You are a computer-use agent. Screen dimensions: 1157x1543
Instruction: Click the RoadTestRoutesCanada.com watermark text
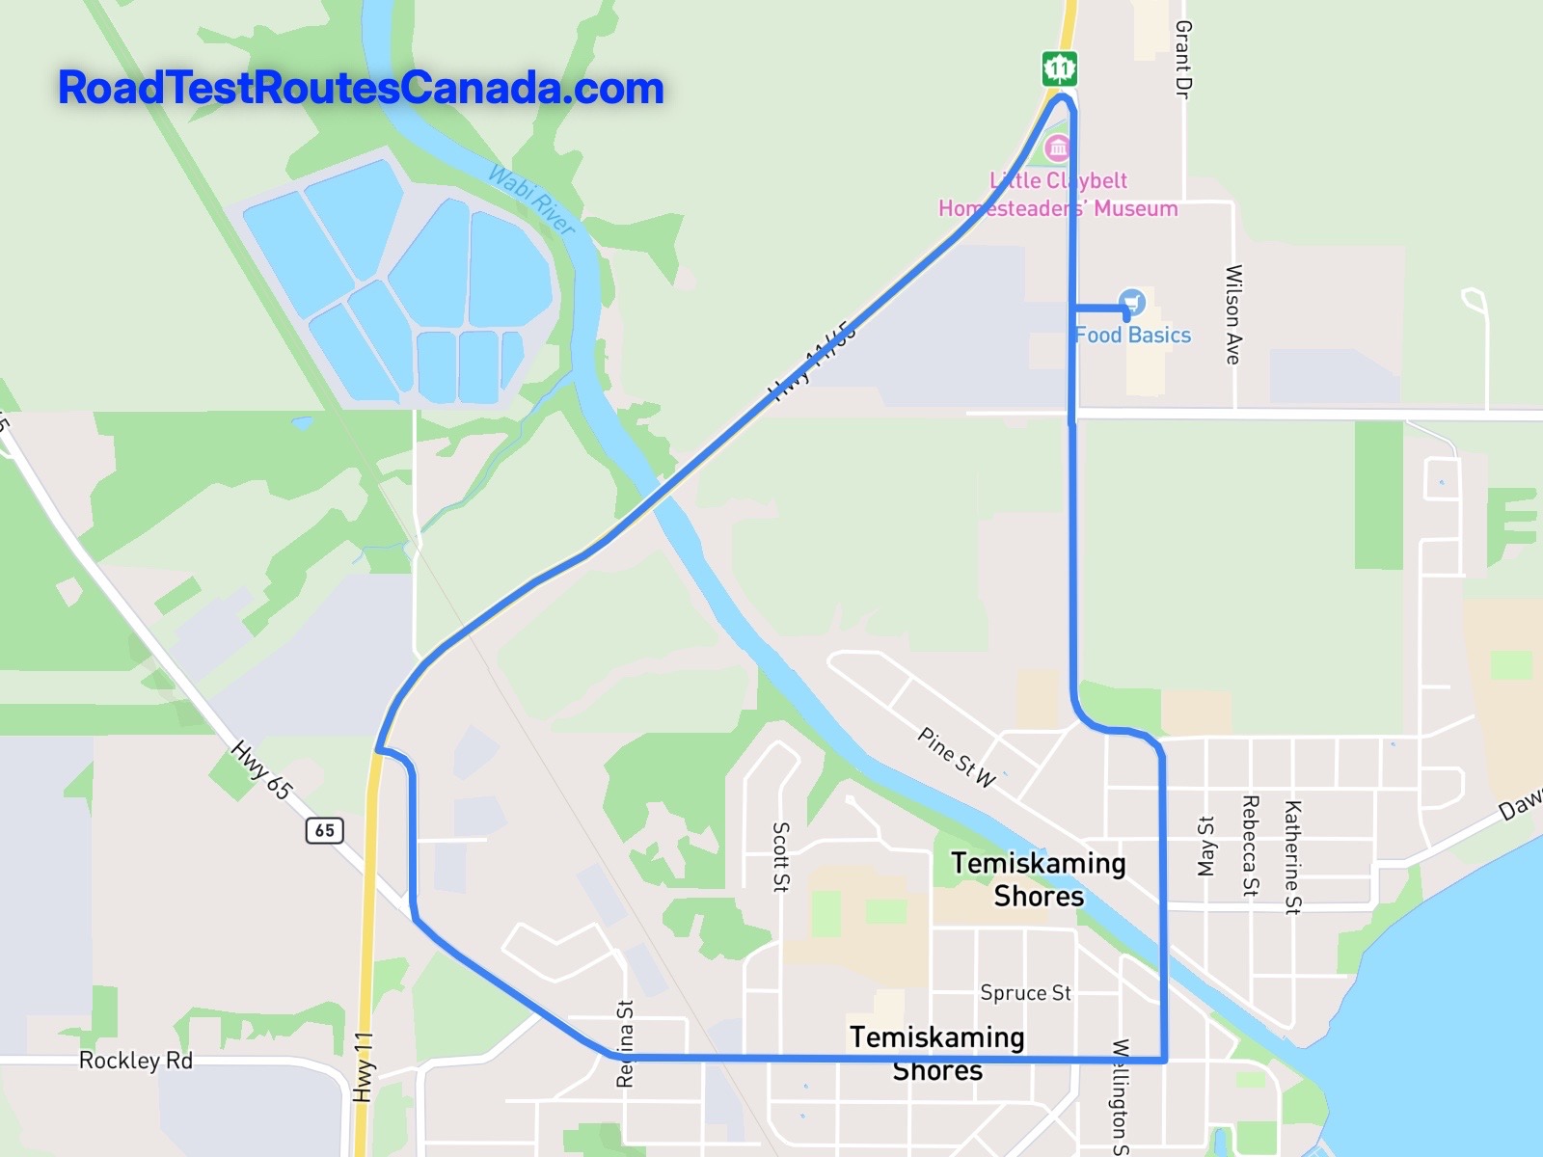361,88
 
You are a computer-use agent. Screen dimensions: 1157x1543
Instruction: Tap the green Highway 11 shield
1059,68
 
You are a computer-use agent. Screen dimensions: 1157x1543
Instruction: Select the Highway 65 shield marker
325,829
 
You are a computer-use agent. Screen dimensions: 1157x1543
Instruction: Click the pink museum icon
1058,148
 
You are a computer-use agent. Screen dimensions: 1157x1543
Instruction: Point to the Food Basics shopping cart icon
1132,302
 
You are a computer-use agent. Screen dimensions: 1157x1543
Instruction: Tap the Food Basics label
1133,335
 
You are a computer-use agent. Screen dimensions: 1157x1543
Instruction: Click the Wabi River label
531,200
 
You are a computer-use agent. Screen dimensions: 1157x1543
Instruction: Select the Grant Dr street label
1183,60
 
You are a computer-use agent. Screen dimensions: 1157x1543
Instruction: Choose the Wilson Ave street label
1232,314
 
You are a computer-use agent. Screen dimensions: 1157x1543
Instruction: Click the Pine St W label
956,757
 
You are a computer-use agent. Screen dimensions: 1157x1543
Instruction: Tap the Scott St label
781,856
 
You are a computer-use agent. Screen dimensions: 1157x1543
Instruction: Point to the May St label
1205,846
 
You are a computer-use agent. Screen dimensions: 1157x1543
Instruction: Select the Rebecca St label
1250,846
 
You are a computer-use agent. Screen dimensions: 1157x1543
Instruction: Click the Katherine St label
1292,856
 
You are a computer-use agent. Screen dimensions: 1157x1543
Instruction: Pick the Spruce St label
1025,992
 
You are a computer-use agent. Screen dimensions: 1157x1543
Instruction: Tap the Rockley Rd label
136,1061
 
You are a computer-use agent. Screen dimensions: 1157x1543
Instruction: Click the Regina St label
625,1044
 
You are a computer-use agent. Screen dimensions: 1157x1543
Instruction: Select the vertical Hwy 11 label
363,1066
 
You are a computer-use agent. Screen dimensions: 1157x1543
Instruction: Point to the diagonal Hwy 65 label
260,769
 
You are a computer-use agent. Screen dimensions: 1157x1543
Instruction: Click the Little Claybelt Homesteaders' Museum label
1058,194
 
